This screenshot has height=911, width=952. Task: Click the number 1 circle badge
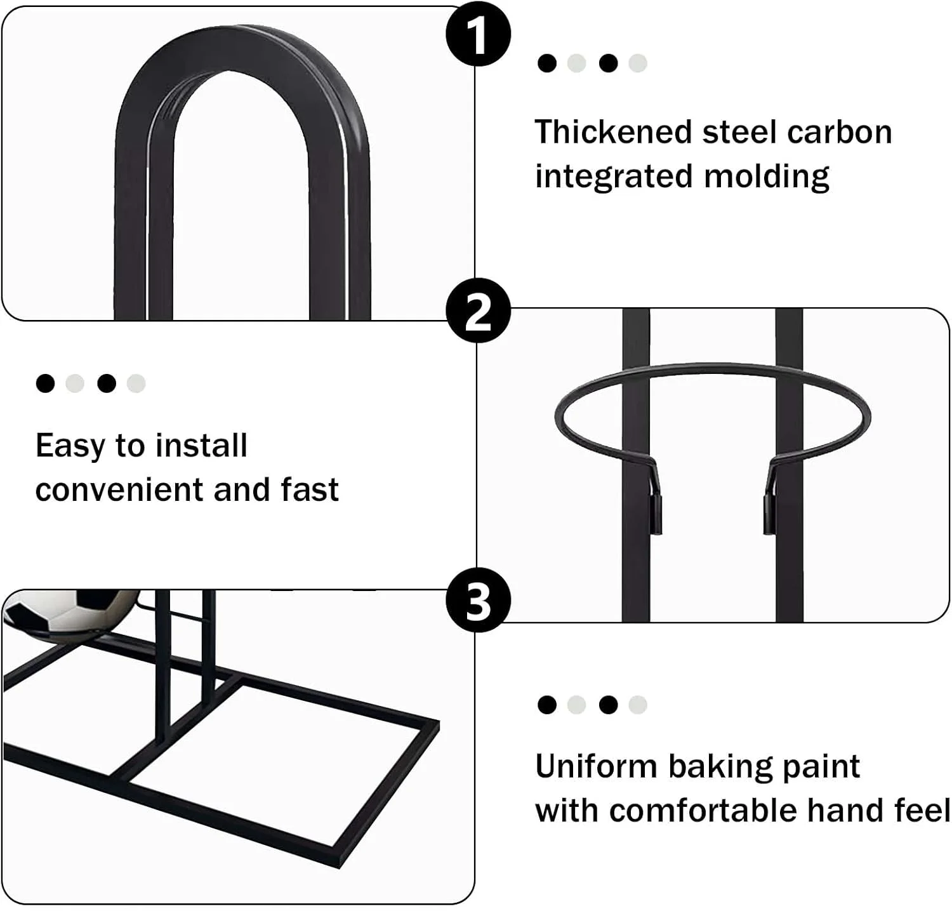tap(478, 34)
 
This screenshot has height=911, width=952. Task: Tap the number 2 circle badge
tap(478, 310)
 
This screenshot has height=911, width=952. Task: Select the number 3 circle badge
tap(478, 600)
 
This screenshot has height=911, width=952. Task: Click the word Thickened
tap(613, 132)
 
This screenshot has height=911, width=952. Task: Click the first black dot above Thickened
tap(546, 63)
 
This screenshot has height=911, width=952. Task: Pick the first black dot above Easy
tap(45, 383)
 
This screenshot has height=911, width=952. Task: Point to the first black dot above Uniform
tap(546, 705)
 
